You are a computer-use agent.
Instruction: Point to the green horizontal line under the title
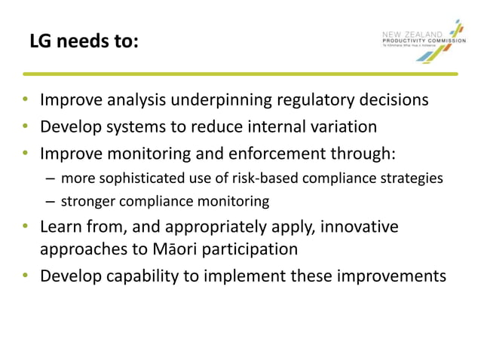tap(240, 74)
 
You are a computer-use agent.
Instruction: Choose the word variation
tap(341, 127)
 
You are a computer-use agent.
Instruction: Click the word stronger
tap(85, 201)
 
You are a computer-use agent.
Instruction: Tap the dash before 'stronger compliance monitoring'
tap(49, 201)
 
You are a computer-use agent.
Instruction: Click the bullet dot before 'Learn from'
tap(26, 227)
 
